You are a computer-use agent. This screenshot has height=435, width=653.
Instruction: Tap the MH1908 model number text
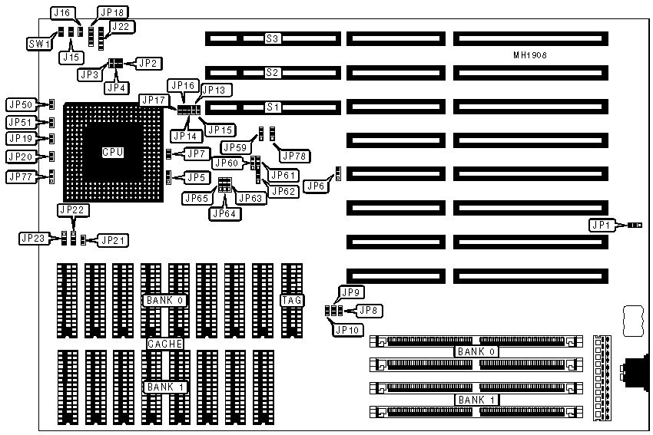pos(530,55)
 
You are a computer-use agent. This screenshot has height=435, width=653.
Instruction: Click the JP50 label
pos(20,104)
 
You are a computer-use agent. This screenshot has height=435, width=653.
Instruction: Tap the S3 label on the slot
pos(272,38)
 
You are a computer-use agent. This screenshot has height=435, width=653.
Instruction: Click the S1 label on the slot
pos(272,107)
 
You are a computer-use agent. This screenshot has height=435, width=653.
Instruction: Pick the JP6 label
pos(315,185)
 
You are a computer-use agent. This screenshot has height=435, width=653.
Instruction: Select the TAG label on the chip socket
pos(292,299)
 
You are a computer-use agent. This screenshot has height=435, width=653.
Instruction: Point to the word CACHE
pos(164,344)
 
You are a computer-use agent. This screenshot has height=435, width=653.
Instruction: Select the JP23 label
pos(32,238)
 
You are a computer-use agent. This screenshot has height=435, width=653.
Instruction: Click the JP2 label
pos(148,63)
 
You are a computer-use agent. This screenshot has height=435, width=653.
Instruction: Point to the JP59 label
pos(235,146)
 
